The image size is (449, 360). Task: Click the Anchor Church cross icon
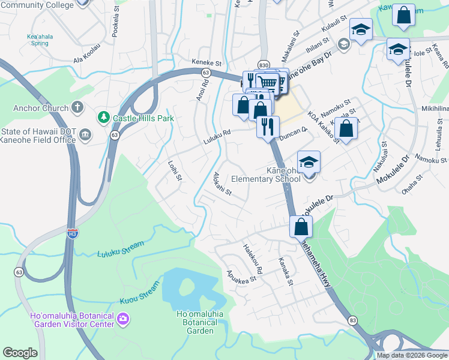coord(76,108)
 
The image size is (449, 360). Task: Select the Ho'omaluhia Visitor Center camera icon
coord(124,318)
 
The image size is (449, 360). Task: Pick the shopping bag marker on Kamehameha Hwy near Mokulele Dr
coord(301,227)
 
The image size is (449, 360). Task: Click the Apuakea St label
coord(241,275)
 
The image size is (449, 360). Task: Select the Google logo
coord(20,353)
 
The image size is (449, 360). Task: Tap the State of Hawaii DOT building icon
coord(85,133)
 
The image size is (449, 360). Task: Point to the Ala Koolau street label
coord(85,58)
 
